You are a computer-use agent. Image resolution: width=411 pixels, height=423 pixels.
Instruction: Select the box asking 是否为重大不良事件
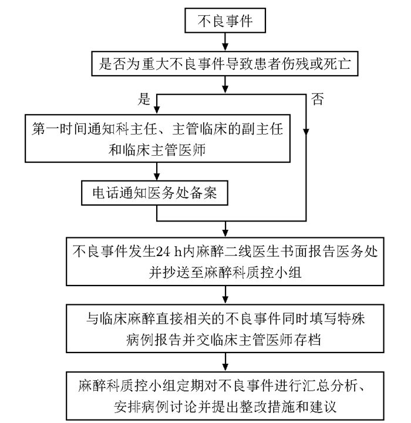tap(225, 64)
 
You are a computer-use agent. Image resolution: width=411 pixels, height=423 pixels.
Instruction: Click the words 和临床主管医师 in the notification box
tap(157, 150)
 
